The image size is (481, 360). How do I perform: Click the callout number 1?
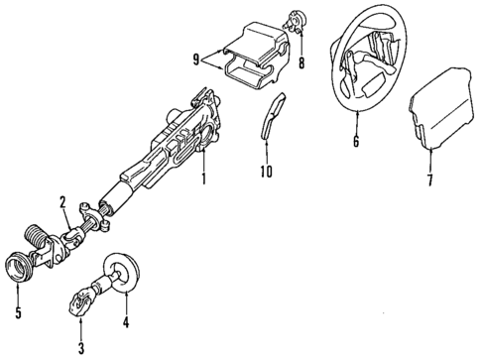[x=203, y=181]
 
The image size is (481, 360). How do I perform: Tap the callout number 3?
[x=82, y=346]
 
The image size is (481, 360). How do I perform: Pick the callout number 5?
[x=16, y=316]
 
